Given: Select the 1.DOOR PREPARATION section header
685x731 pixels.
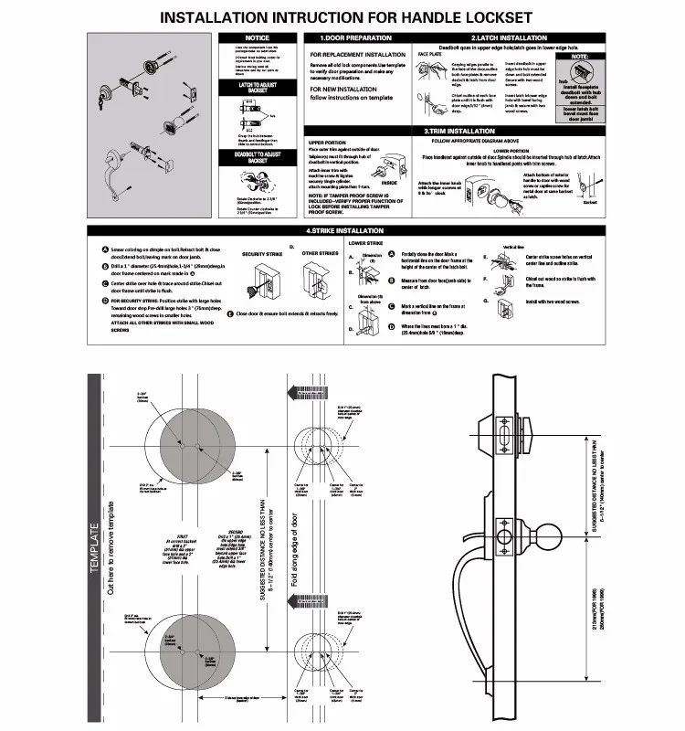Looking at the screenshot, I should point(355,38).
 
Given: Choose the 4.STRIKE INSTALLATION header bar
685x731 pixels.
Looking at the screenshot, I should point(345,230).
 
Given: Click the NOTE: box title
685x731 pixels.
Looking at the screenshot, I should point(579,57).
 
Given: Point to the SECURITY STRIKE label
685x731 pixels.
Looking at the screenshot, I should point(261,254).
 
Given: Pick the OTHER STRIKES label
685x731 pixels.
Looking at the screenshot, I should point(321,254).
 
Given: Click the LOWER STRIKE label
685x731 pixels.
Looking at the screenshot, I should point(365,244).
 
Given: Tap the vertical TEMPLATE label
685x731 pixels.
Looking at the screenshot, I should point(94,549).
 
